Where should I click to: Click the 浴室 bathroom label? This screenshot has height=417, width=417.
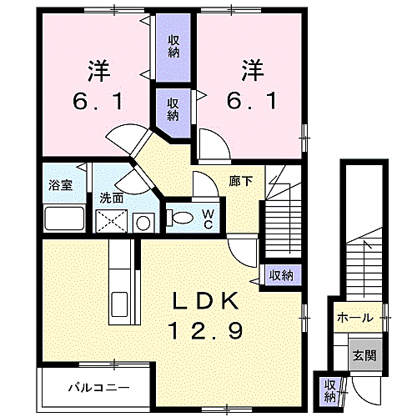coord(60,185)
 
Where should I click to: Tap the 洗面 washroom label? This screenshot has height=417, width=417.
coord(112,198)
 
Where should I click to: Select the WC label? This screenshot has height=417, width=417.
coord(208,219)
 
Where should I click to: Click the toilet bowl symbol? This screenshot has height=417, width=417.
coord(179,217)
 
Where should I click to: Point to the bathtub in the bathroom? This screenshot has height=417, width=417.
coord(64,218)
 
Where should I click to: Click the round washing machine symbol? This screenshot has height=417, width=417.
coord(143,223)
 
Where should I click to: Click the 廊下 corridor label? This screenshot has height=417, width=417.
coord(241,182)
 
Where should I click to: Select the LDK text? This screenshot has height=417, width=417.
coord(206,301)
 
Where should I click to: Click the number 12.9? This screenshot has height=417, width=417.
coord(206,330)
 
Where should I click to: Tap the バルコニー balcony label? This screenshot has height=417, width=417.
coord(99,387)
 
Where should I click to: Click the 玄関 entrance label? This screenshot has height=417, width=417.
coord(364,355)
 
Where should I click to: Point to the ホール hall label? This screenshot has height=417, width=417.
coord(355,318)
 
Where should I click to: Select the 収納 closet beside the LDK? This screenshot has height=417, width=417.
coord(281,275)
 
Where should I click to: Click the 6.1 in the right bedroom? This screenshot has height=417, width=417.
coord(252,101)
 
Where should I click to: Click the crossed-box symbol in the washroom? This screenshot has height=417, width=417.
coord(112,221)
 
